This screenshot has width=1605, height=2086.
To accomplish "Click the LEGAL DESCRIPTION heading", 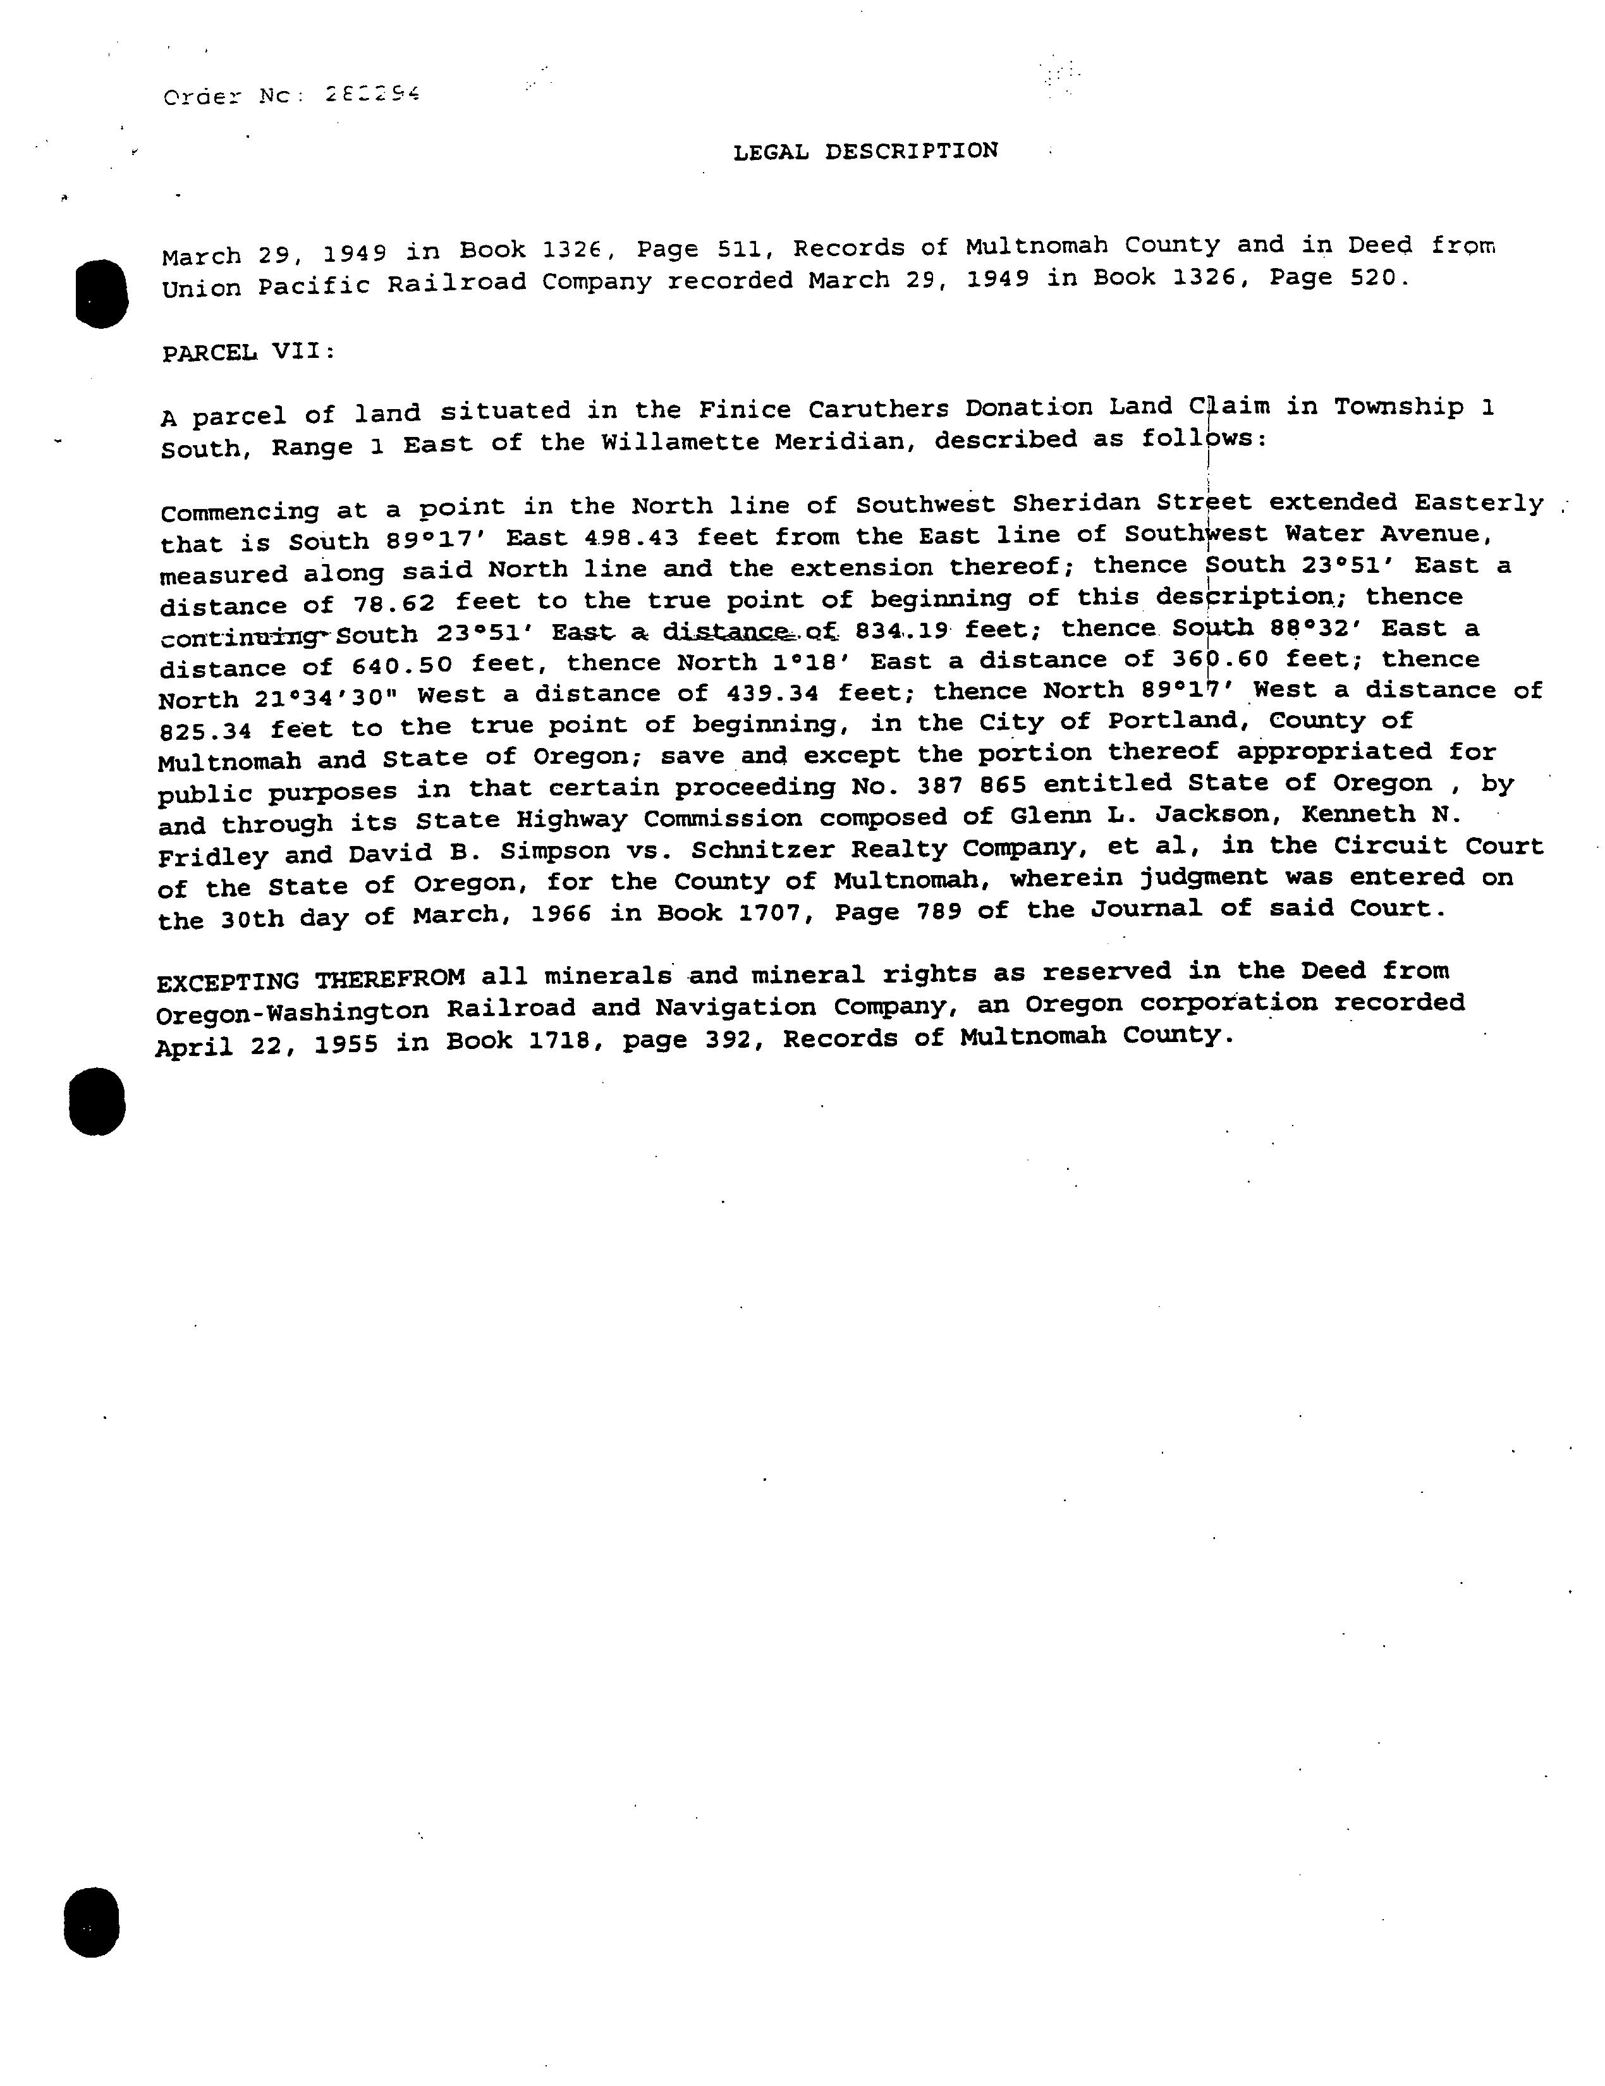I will [x=864, y=151].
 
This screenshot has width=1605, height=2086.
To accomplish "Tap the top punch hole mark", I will [x=101, y=293].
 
